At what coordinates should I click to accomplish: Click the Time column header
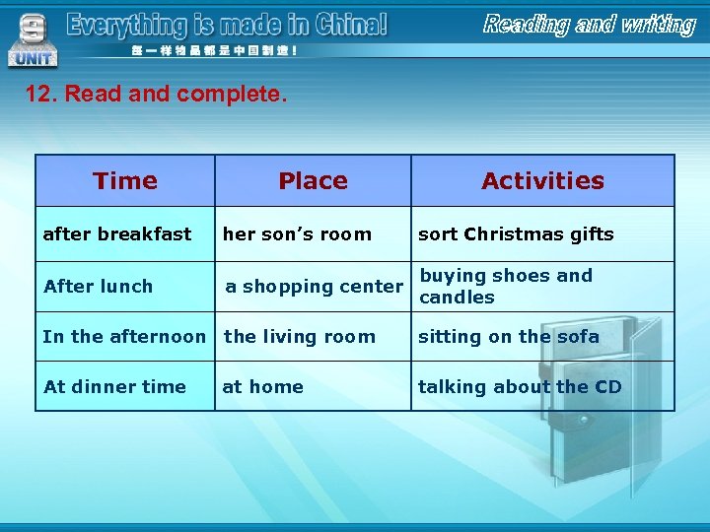(x=125, y=180)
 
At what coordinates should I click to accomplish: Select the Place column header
(x=313, y=180)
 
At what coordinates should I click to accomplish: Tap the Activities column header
(x=542, y=180)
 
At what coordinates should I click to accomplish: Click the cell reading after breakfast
(x=117, y=234)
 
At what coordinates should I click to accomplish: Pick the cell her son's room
(x=297, y=234)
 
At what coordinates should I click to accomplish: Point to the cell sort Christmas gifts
(x=516, y=234)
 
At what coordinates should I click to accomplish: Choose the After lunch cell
(x=99, y=287)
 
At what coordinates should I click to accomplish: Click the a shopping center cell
(x=314, y=287)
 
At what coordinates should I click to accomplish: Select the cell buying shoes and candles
(x=506, y=287)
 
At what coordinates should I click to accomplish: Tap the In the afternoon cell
(x=124, y=337)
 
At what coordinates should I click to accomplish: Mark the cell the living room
(x=300, y=337)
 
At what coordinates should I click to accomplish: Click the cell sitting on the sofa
(x=509, y=337)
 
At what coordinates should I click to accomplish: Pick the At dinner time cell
(x=114, y=387)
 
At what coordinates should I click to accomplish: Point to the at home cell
(x=262, y=387)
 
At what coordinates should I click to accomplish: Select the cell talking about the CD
(x=520, y=387)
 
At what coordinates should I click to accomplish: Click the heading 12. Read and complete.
(x=156, y=95)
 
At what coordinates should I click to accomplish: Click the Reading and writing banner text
(x=589, y=25)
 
